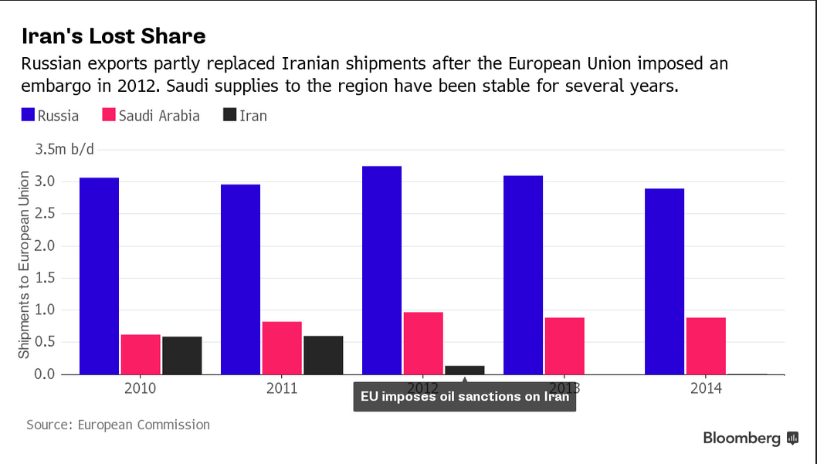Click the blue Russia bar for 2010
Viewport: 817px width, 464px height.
point(99,276)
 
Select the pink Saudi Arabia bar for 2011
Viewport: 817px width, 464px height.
point(282,347)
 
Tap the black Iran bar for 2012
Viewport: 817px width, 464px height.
point(464,370)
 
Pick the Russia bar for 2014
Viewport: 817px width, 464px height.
point(664,281)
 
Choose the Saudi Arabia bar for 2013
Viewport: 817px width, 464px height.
point(564,345)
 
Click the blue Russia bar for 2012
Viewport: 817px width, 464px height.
point(381,269)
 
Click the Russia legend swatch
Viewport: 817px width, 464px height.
point(29,116)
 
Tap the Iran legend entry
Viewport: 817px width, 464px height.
point(245,116)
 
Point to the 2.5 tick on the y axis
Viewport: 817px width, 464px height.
point(46,214)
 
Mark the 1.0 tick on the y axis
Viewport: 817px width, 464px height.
point(46,310)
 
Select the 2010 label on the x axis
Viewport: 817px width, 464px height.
point(140,388)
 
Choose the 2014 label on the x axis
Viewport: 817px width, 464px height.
point(706,388)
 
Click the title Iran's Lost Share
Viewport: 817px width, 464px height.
point(114,36)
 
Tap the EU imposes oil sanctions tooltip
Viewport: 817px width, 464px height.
point(464,396)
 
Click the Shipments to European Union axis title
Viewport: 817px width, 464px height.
point(24,264)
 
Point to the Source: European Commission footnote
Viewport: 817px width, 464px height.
point(118,425)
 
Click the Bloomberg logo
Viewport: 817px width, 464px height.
point(750,439)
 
